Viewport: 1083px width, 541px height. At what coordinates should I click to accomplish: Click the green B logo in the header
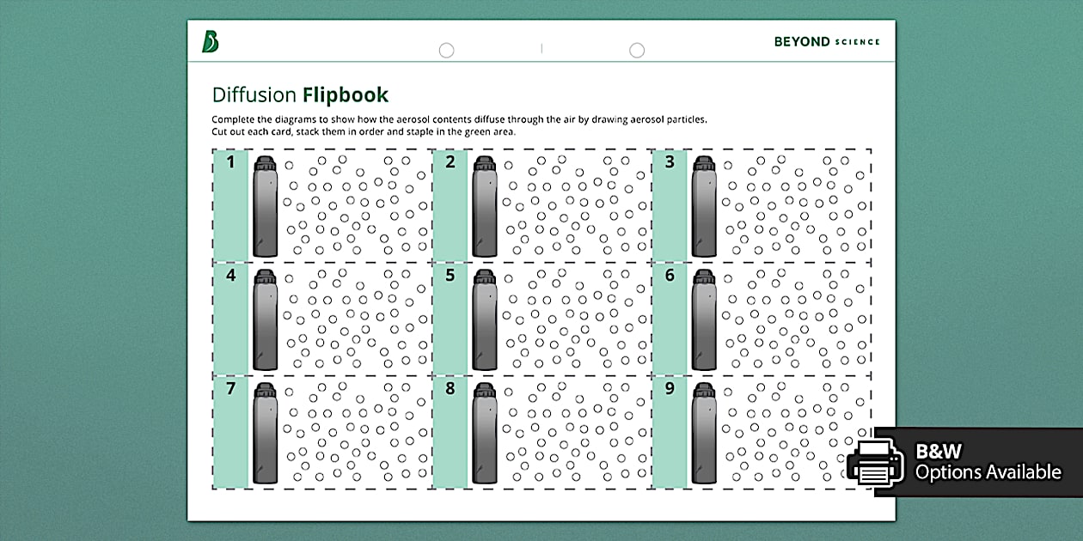[x=210, y=41]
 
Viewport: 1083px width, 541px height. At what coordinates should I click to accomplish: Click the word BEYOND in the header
[x=801, y=41]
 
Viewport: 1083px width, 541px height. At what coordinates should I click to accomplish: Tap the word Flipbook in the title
[x=345, y=94]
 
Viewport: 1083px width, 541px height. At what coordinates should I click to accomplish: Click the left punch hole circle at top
[x=446, y=51]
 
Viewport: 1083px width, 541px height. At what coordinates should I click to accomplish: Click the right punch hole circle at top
[x=637, y=51]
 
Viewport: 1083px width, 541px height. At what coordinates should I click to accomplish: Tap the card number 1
[x=230, y=161]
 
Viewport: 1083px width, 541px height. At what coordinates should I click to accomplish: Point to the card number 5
[x=450, y=276]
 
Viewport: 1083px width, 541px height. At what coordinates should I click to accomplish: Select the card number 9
[x=670, y=389]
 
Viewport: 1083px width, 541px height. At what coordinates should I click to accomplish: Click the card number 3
[x=670, y=161]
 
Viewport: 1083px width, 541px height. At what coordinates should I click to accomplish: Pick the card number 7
[x=230, y=389]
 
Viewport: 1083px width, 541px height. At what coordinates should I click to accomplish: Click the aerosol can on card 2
[x=485, y=209]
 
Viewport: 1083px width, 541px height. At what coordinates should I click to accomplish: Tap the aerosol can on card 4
[x=266, y=322]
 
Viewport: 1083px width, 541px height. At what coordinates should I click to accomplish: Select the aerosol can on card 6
[x=704, y=322]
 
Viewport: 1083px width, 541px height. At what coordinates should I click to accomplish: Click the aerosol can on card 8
[x=485, y=435]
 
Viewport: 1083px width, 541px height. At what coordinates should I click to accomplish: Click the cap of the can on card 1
[x=266, y=163]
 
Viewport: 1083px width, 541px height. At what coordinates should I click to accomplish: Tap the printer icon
[x=875, y=462]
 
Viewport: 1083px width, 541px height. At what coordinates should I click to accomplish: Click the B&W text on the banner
[x=939, y=451]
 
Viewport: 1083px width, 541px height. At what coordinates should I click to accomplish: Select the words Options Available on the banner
[x=988, y=472]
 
